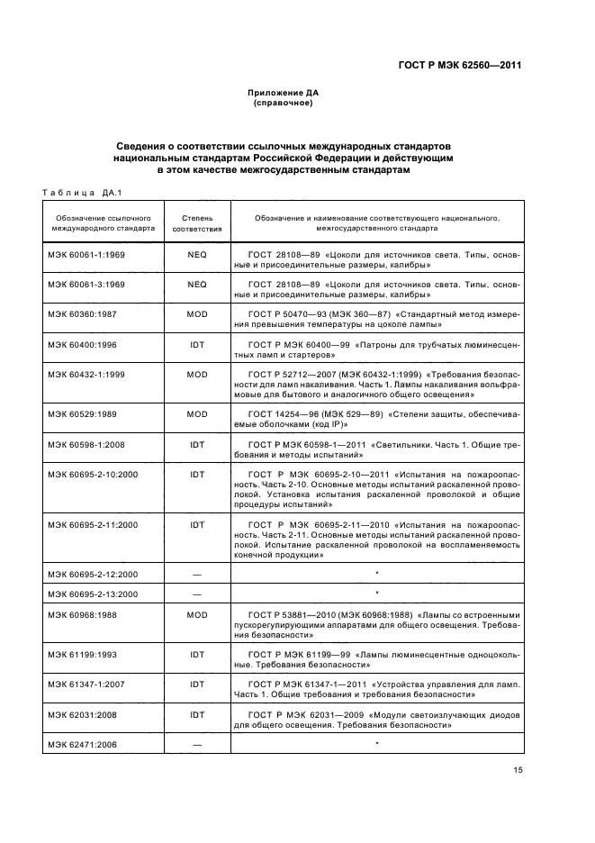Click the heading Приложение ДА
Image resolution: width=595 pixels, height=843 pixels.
pos(284,93)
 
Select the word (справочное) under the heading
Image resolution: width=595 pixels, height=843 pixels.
pos(284,103)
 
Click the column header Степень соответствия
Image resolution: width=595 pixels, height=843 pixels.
pos(197,223)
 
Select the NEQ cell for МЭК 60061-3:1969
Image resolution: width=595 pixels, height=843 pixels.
pos(197,284)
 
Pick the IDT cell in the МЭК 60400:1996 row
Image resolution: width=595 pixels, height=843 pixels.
pos(197,344)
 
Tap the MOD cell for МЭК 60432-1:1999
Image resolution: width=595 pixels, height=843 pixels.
pos(197,373)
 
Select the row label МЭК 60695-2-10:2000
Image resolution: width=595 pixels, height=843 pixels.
pos(93,475)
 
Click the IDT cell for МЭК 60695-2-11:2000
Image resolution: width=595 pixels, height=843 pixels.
pos(197,524)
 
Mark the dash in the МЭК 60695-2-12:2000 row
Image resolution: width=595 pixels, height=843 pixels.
pos(197,574)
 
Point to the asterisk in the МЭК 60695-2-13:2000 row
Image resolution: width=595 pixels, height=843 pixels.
pos(375,593)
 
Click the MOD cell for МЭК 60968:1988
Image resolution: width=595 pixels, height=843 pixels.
pos(197,614)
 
